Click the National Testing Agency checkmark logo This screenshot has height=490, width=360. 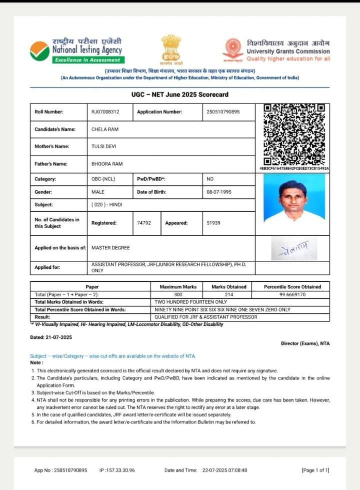coord(39,51)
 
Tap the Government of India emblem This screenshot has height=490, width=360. coord(171,48)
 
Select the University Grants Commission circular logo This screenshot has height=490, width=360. coord(232,49)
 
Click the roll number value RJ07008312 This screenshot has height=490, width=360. coord(105,112)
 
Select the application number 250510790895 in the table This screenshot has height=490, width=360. coord(223,112)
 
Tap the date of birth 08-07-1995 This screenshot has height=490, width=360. coord(219,192)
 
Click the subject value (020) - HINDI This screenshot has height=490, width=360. coord(106,205)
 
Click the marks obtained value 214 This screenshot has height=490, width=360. coord(229,295)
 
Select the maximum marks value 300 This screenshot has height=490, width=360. coord(178,295)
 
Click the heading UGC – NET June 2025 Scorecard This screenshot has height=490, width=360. coord(180,95)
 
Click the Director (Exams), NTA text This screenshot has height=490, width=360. coord(305,343)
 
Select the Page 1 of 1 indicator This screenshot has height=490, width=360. coord(315,470)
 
